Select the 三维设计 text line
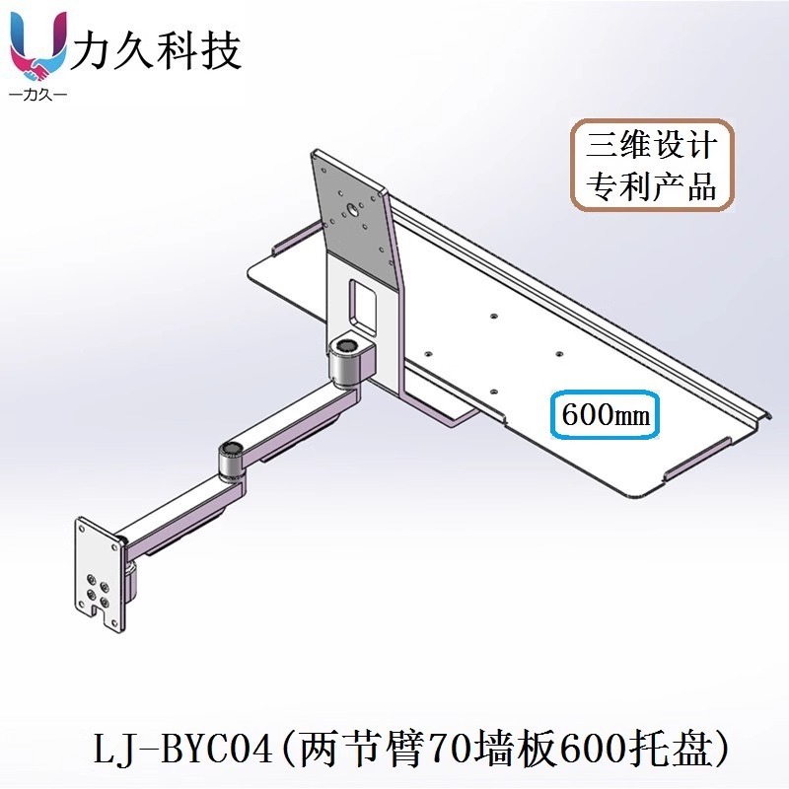[651, 147]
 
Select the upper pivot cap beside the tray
[347, 346]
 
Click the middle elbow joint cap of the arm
[231, 451]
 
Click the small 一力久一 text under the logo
[37, 96]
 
